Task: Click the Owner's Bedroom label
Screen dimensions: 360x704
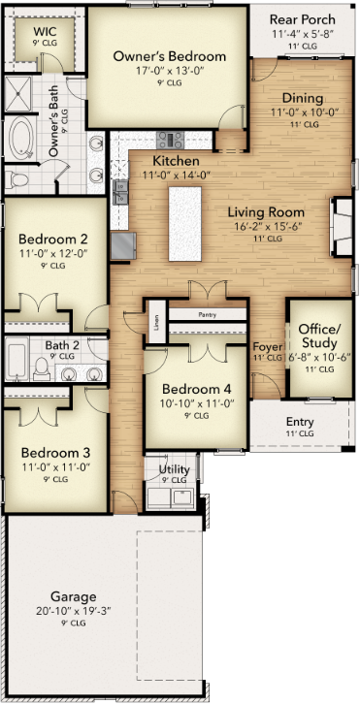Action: click(170, 57)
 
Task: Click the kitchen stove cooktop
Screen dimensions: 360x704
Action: click(171, 140)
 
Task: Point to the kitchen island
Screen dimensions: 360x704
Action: click(185, 224)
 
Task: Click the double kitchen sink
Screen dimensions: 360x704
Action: click(120, 192)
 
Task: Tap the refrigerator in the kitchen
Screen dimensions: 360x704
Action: click(123, 245)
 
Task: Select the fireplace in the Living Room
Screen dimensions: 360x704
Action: click(343, 226)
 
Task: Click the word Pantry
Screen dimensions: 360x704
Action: click(208, 315)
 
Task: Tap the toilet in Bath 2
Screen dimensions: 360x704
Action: click(42, 369)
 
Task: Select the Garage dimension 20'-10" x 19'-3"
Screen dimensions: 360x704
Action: click(74, 611)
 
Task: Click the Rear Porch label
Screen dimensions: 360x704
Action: click(303, 19)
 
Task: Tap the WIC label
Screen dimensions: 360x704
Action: click(45, 32)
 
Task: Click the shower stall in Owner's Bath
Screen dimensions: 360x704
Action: click(18, 94)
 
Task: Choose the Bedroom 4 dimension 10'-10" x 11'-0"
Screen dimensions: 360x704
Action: click(198, 402)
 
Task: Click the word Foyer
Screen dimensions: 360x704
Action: click(268, 347)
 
